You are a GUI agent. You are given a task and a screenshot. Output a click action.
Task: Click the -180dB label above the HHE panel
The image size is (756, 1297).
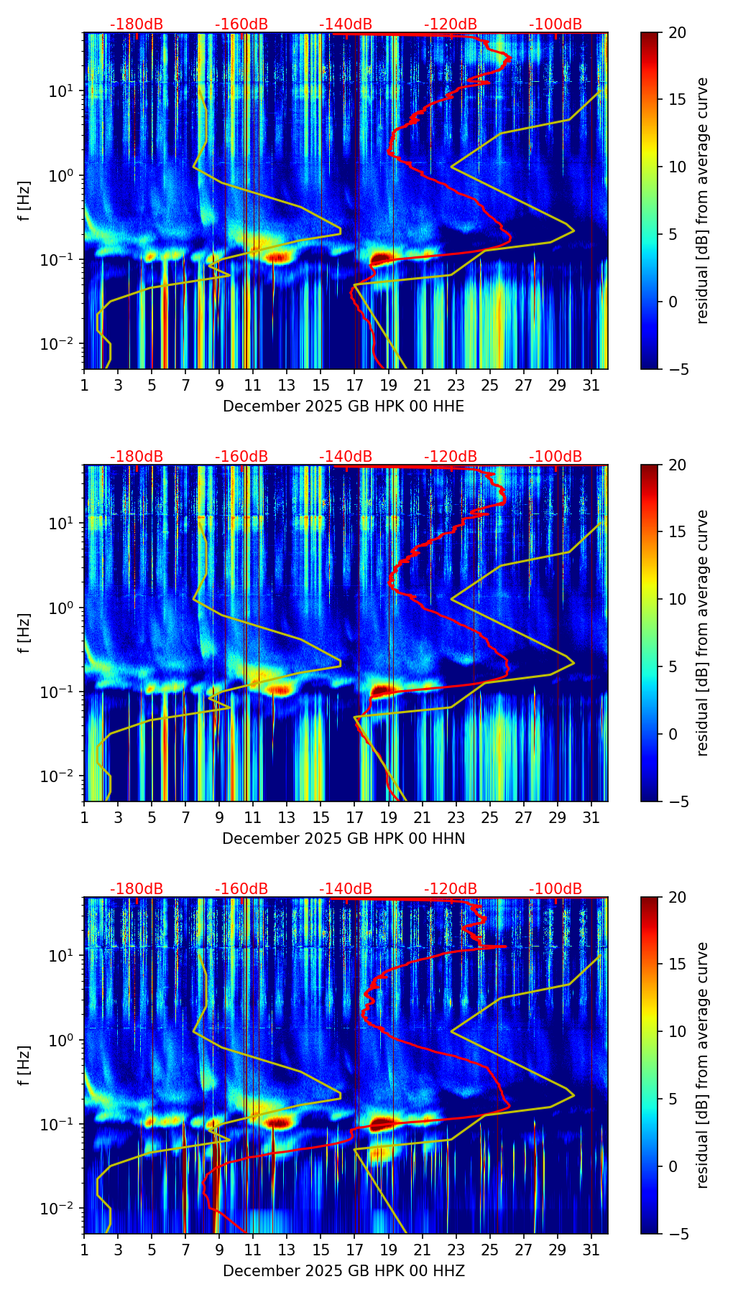tap(137, 24)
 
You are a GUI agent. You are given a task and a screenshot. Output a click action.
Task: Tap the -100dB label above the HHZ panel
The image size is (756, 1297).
tap(556, 889)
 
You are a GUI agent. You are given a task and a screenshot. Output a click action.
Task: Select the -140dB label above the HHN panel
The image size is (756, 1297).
tap(346, 457)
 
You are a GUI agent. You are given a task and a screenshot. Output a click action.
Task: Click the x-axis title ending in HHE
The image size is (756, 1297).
tap(344, 406)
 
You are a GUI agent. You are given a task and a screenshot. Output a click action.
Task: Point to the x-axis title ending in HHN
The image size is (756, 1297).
tap(344, 839)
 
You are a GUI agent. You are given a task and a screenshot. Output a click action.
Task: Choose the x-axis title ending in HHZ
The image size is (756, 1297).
tap(344, 1271)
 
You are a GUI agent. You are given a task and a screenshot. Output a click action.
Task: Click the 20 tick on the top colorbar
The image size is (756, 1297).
tap(677, 32)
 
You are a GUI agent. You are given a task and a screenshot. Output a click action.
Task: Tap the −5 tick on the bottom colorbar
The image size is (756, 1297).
tap(677, 1234)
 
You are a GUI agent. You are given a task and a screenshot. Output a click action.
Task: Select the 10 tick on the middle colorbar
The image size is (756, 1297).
tap(677, 599)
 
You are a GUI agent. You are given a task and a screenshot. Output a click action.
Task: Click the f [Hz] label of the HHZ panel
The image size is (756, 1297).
tap(24, 1065)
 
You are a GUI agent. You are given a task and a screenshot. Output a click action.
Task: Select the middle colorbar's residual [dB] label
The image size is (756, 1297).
tap(702, 633)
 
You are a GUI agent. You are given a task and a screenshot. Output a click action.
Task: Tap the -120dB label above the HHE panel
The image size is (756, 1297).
tap(451, 24)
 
